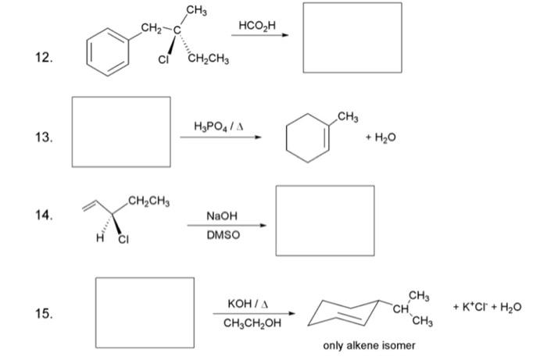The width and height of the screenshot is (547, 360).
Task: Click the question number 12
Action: [x=45, y=57]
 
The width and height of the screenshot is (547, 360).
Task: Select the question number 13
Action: [x=45, y=138]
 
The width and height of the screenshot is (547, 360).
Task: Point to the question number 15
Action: [x=45, y=314]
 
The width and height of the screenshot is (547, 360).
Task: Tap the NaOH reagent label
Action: [x=222, y=215]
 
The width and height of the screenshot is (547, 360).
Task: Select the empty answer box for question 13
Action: [x=122, y=130]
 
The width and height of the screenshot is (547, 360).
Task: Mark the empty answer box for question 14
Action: [x=324, y=219]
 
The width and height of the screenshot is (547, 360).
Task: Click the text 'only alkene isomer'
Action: [x=370, y=345]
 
